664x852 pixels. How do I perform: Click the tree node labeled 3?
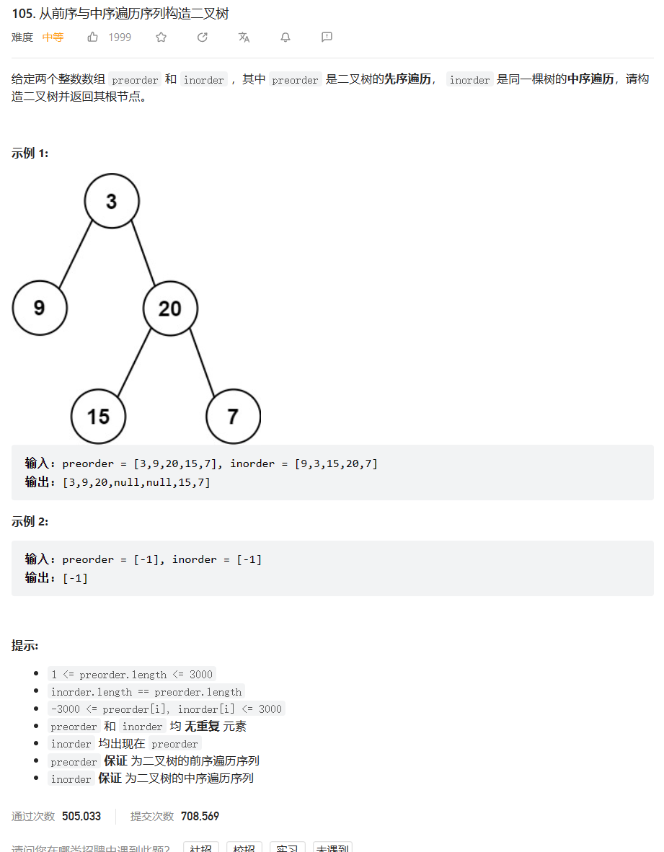tap(112, 201)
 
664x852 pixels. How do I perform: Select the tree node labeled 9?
tap(40, 308)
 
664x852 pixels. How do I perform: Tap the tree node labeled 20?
tap(170, 309)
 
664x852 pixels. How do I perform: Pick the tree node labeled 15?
tap(99, 416)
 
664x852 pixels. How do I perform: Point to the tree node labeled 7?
tap(233, 416)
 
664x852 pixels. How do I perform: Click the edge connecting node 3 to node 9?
tap(76, 254)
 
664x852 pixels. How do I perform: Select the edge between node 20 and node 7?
tap(202, 363)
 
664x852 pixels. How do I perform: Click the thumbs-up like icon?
tap(93, 37)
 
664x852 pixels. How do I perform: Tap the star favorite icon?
tap(161, 37)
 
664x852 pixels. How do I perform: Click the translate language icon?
tap(244, 37)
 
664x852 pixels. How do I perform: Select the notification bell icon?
tap(285, 37)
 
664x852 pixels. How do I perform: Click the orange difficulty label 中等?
tap(53, 37)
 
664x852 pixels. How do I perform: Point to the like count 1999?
tap(120, 37)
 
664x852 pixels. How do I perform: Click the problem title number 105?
tap(24, 14)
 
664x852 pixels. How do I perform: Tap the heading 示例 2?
tap(30, 521)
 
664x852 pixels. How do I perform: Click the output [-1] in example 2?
tap(75, 577)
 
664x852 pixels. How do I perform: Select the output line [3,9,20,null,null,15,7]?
tap(136, 482)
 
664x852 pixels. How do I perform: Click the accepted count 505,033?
tap(81, 816)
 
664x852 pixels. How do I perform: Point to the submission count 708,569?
tap(200, 816)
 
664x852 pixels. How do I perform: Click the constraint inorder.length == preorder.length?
tap(146, 692)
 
